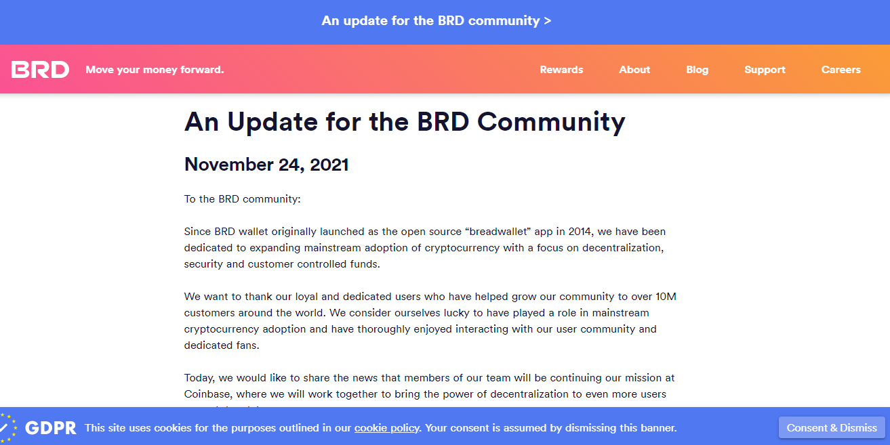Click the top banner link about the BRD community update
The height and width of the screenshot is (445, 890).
pos(436,20)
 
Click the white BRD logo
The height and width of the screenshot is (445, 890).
pos(40,70)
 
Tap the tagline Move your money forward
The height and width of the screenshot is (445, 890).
pos(155,70)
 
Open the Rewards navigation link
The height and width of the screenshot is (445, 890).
pos(561,70)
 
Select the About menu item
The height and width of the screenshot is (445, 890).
pos(634,70)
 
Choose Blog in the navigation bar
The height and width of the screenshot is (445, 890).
pos(697,70)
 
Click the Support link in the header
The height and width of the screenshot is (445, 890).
pos(765,70)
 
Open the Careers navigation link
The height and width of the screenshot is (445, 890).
pos(841,70)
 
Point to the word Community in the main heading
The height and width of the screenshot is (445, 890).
pos(551,122)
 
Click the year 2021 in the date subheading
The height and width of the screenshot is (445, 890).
pos(329,165)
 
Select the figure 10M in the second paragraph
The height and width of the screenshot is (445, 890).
pos(666,297)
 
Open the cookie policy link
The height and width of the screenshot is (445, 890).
pos(386,428)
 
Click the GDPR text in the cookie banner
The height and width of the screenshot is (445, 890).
pos(50,428)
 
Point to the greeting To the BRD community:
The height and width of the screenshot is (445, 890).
pos(243,199)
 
